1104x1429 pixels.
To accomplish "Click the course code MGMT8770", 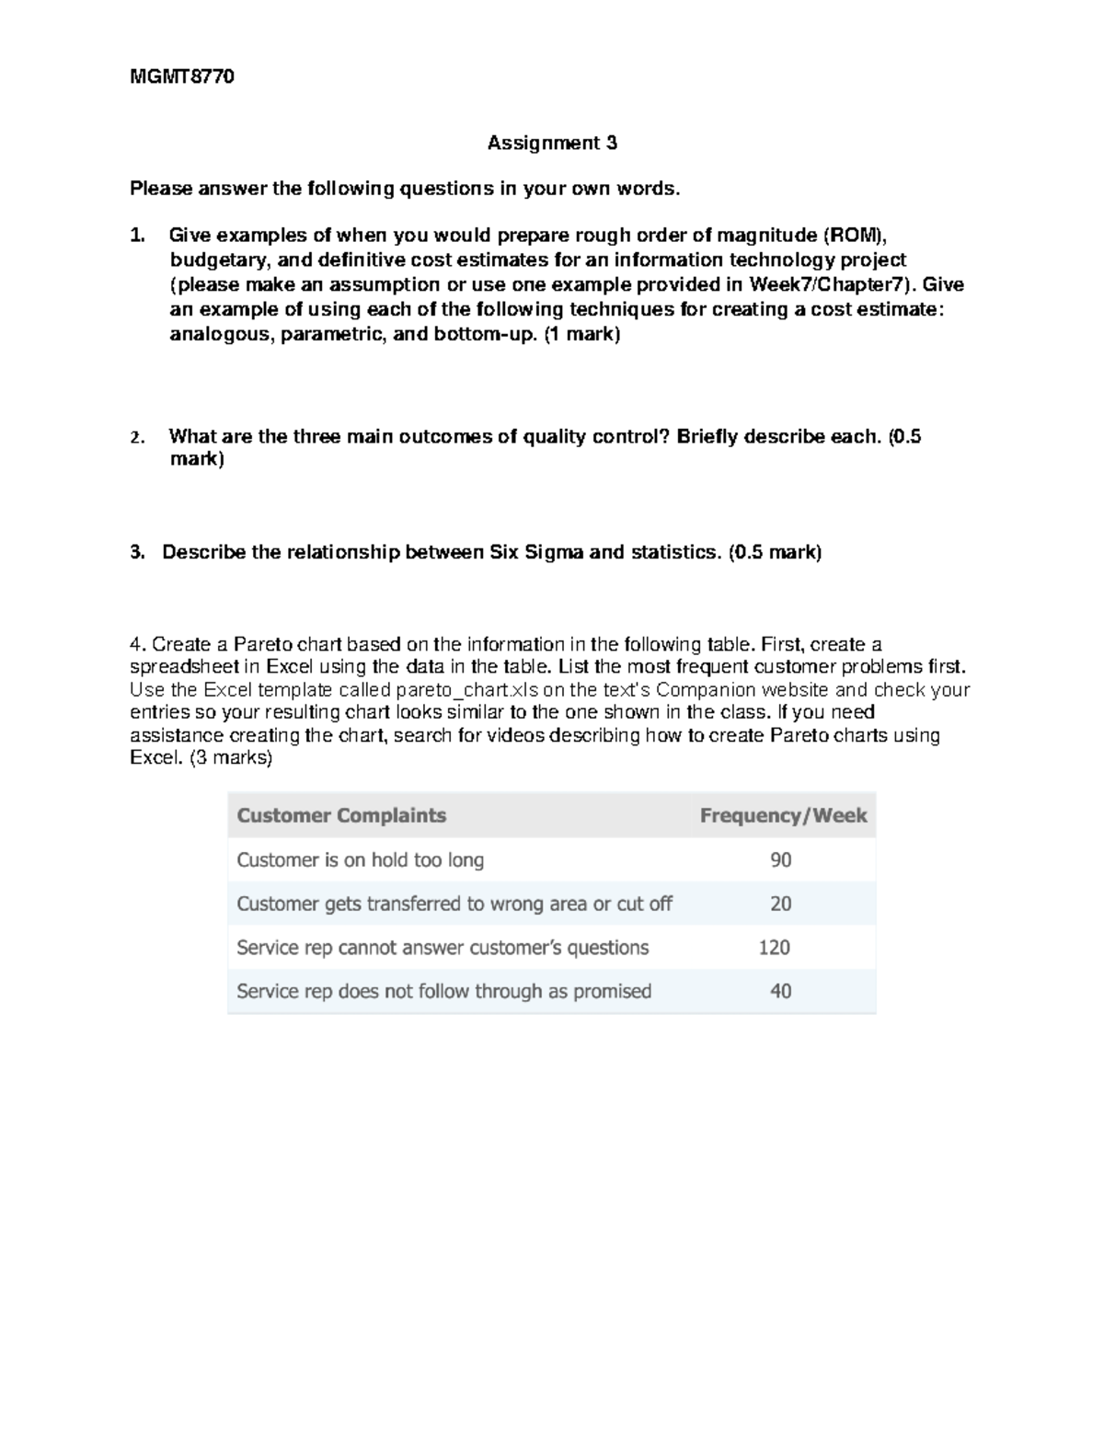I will click(182, 77).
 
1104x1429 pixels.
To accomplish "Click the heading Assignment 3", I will click(552, 143).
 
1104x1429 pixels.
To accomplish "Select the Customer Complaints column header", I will click(341, 815).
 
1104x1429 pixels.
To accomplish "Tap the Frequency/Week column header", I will click(783, 815).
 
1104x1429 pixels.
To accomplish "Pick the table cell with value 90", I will click(780, 859).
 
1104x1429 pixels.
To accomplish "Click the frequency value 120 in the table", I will click(774, 947).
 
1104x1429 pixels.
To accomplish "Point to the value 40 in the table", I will click(780, 991).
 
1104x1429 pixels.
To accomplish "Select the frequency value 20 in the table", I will click(780, 904).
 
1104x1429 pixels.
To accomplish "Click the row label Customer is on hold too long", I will click(360, 859).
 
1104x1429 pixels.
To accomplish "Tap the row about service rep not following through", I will click(443, 991).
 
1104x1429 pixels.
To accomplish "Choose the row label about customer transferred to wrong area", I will click(454, 904).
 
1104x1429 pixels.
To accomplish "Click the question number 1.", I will click(137, 236).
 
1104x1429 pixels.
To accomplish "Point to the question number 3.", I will click(137, 552).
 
